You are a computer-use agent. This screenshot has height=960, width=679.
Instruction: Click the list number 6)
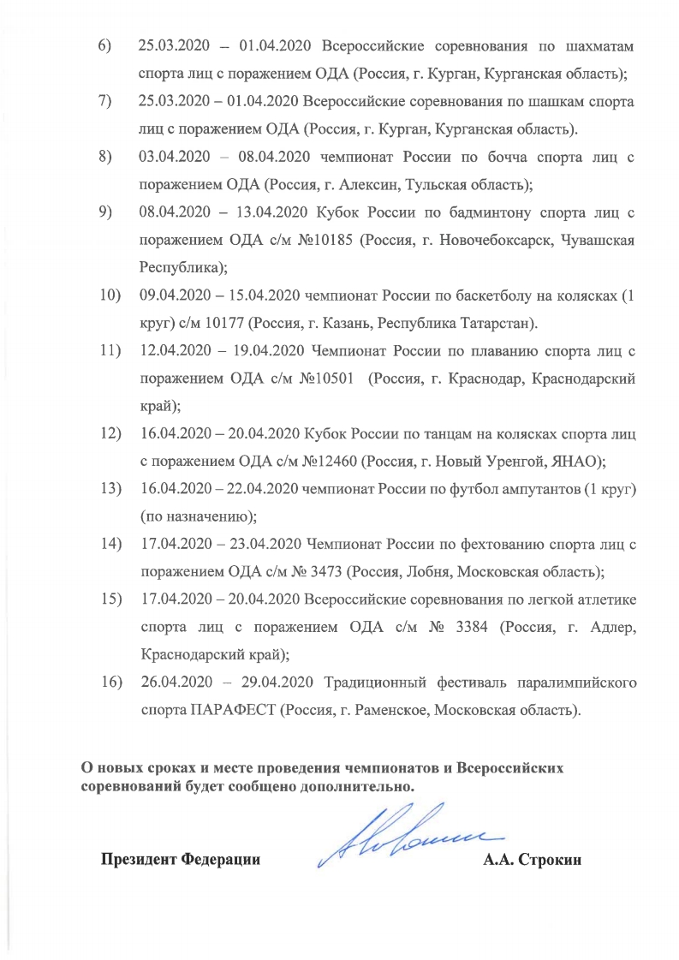104,45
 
